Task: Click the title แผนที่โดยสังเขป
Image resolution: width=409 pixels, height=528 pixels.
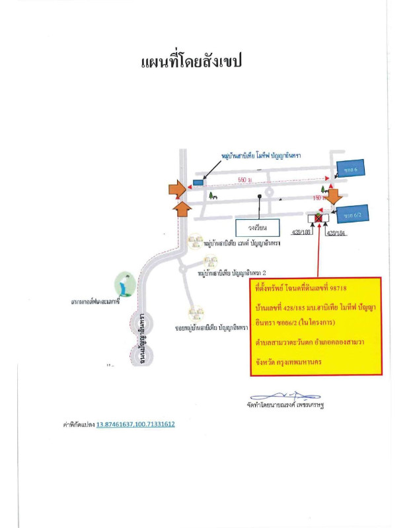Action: [192, 62]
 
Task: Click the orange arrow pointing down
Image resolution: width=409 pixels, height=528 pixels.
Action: [334, 195]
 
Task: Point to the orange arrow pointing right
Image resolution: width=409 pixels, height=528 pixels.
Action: [176, 189]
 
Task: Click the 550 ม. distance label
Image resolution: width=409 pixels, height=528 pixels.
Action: [246, 180]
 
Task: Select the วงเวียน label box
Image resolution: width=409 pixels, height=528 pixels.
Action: [258, 227]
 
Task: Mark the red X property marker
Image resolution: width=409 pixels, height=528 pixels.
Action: [318, 217]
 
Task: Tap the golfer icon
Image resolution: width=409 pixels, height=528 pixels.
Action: [124, 284]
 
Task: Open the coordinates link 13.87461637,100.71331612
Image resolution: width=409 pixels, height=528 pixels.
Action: [135, 424]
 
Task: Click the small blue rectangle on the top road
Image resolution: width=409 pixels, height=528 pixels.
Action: [198, 181]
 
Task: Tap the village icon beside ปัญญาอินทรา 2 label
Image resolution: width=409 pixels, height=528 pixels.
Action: [210, 262]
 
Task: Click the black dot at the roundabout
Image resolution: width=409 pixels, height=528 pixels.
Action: [262, 196]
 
